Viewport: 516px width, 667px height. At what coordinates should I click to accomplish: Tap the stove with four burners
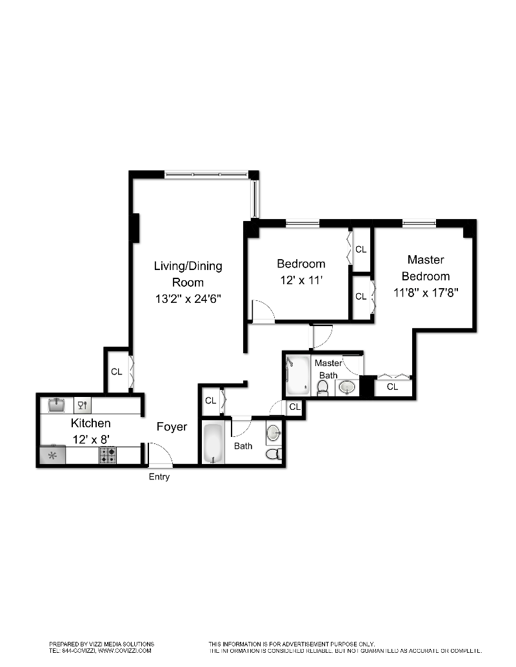pyautogui.click(x=108, y=456)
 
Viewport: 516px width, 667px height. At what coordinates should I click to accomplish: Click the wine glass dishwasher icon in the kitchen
pyautogui.click(x=83, y=405)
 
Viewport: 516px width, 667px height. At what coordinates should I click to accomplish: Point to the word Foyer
pyautogui.click(x=172, y=427)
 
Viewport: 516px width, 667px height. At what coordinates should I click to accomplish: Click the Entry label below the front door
pyautogui.click(x=159, y=477)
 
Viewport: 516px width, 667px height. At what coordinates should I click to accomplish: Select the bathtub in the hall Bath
pyautogui.click(x=213, y=443)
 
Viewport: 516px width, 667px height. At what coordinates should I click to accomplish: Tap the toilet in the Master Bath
pyautogui.click(x=323, y=387)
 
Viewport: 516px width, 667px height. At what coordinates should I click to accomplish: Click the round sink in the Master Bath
pyautogui.click(x=347, y=387)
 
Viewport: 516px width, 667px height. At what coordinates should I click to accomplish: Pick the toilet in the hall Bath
pyautogui.click(x=273, y=454)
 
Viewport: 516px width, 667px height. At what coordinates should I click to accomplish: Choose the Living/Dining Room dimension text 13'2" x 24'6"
pyautogui.click(x=188, y=298)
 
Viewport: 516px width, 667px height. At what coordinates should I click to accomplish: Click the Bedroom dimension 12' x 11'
pyautogui.click(x=301, y=280)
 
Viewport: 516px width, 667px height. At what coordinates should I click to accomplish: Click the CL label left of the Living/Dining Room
pyautogui.click(x=117, y=371)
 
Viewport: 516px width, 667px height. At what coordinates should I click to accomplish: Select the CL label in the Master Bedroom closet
pyautogui.click(x=392, y=387)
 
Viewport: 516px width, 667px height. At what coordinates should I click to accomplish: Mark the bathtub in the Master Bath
pyautogui.click(x=299, y=377)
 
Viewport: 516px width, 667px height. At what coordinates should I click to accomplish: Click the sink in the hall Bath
pyautogui.click(x=273, y=431)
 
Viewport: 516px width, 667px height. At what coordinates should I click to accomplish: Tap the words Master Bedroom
pyautogui.click(x=425, y=267)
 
